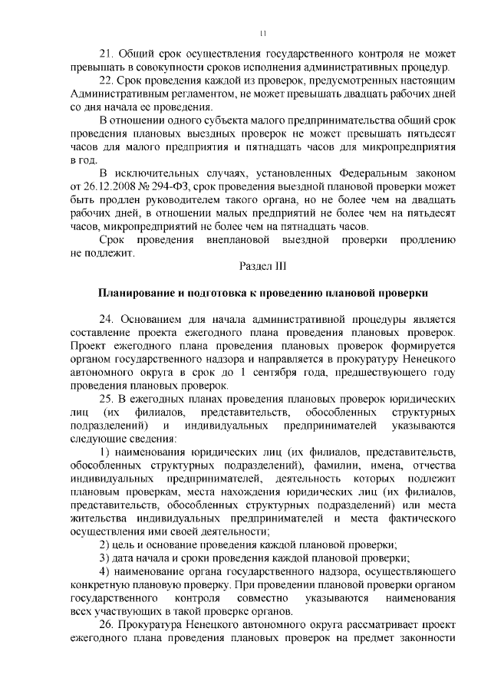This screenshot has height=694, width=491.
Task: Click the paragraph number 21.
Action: (x=107, y=55)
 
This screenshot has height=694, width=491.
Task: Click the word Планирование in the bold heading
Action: (x=136, y=293)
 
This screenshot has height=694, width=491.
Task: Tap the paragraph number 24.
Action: (x=107, y=319)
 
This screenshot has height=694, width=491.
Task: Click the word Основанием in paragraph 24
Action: (x=150, y=319)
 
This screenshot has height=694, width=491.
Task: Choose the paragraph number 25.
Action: (x=107, y=399)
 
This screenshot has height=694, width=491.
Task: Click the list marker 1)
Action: (x=107, y=452)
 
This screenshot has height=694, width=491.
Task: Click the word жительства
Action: (x=98, y=518)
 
